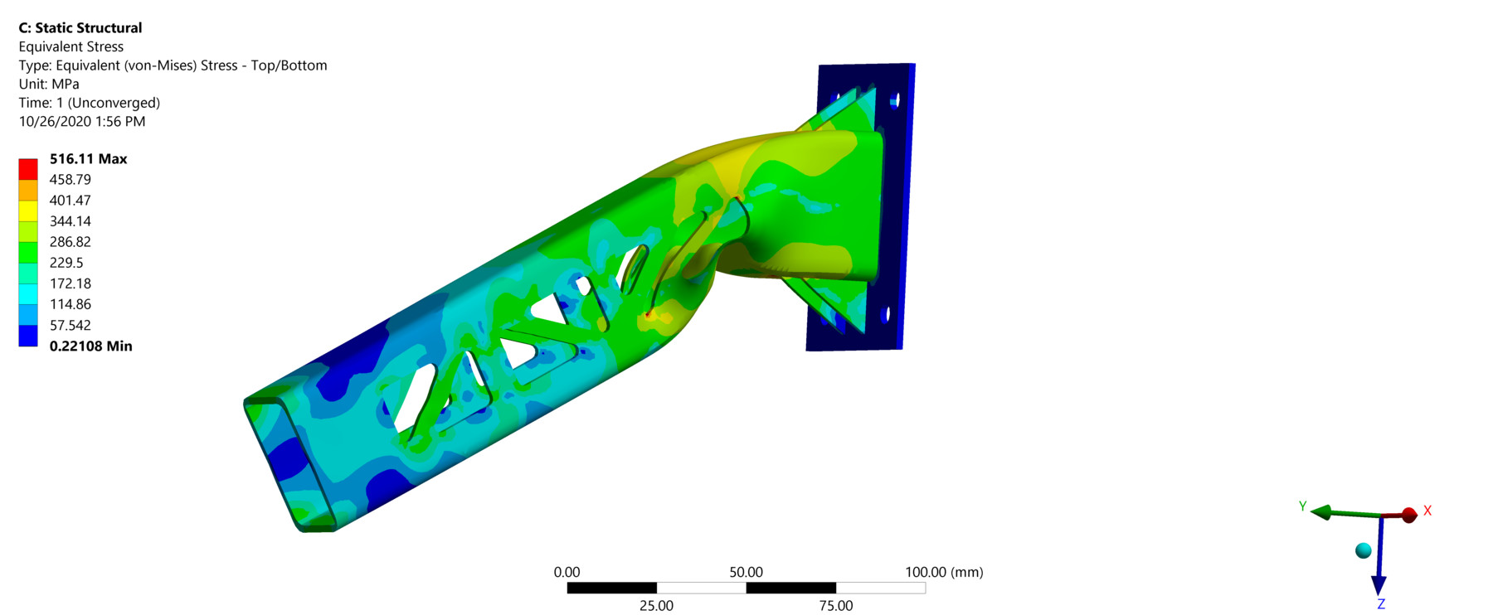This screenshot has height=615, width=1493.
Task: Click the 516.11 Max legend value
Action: [88, 159]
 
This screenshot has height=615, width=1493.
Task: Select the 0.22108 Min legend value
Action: [90, 346]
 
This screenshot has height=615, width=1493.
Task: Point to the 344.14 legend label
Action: [71, 221]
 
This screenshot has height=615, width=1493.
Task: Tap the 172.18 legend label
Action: [71, 283]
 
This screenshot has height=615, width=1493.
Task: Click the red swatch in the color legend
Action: [28, 169]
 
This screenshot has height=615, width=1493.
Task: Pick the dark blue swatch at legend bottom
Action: [28, 336]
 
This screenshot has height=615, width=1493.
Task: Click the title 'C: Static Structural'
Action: [80, 28]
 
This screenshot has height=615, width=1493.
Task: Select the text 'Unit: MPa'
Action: [49, 84]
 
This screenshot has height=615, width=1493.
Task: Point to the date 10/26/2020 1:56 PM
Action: [82, 121]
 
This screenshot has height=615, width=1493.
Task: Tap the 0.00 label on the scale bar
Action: [567, 572]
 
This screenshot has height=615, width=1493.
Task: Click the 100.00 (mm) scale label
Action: [944, 572]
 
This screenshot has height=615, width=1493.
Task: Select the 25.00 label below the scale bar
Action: [656, 606]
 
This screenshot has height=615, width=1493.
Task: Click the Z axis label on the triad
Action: [1381, 605]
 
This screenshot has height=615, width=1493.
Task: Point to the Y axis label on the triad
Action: [1302, 506]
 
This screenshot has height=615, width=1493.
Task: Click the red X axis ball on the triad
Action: [1408, 516]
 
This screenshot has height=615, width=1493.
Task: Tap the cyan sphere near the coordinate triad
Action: [1363, 550]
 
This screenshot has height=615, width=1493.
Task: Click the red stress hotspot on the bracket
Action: [649, 315]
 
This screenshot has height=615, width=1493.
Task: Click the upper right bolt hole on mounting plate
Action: [894, 101]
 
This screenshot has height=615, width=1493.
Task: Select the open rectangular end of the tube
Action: [290, 464]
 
